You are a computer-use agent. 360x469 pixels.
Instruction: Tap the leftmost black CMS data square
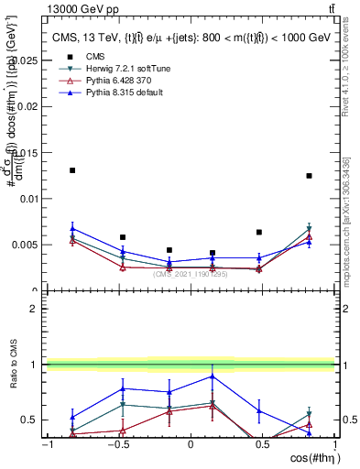[72, 170]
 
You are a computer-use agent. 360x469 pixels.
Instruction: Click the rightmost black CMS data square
[309, 176]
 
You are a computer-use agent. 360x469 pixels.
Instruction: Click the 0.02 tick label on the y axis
[28, 106]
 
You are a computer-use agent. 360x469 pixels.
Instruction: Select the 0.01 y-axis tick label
[28, 199]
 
